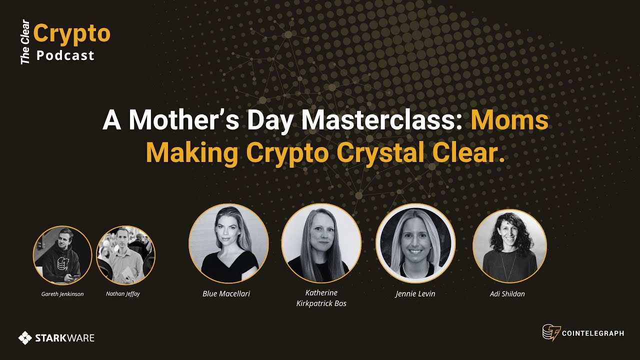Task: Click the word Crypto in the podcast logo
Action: click(x=72, y=33)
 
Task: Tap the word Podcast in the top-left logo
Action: click(x=65, y=55)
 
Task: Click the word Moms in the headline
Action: click(x=509, y=120)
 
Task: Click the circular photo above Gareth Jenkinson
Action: click(x=62, y=255)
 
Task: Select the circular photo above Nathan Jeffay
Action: click(x=125, y=255)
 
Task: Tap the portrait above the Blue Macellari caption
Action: click(x=228, y=243)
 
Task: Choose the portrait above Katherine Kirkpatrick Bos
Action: click(x=321, y=243)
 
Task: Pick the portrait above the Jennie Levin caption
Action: click(x=415, y=243)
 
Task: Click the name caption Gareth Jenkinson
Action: click(x=62, y=294)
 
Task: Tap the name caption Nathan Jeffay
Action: click(x=123, y=294)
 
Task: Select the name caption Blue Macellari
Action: click(x=226, y=293)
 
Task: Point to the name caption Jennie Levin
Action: click(x=415, y=293)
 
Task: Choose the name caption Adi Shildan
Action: click(x=507, y=293)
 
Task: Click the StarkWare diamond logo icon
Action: click(x=25, y=338)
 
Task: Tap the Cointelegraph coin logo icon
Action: click(x=551, y=332)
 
